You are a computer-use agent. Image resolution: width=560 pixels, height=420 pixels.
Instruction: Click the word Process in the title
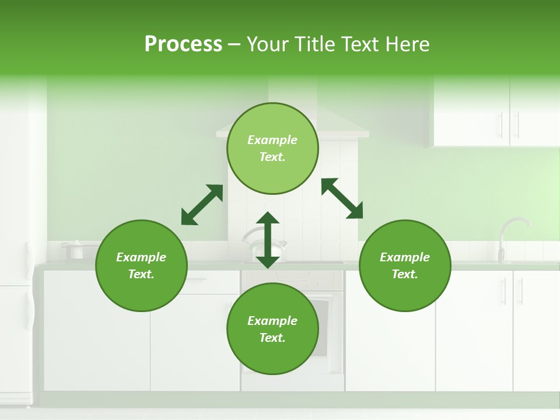(183, 44)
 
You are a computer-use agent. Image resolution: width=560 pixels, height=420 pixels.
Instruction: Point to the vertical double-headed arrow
(268, 240)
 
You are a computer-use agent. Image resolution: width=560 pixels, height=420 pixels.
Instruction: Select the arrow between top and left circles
(202, 205)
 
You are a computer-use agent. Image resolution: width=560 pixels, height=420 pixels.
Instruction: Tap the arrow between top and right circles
(342, 198)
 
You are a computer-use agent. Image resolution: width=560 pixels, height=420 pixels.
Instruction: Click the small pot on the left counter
(75, 250)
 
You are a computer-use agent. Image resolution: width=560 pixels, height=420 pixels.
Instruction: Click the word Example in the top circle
(272, 140)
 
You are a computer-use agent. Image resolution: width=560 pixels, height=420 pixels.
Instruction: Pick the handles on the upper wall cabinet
(509, 124)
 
